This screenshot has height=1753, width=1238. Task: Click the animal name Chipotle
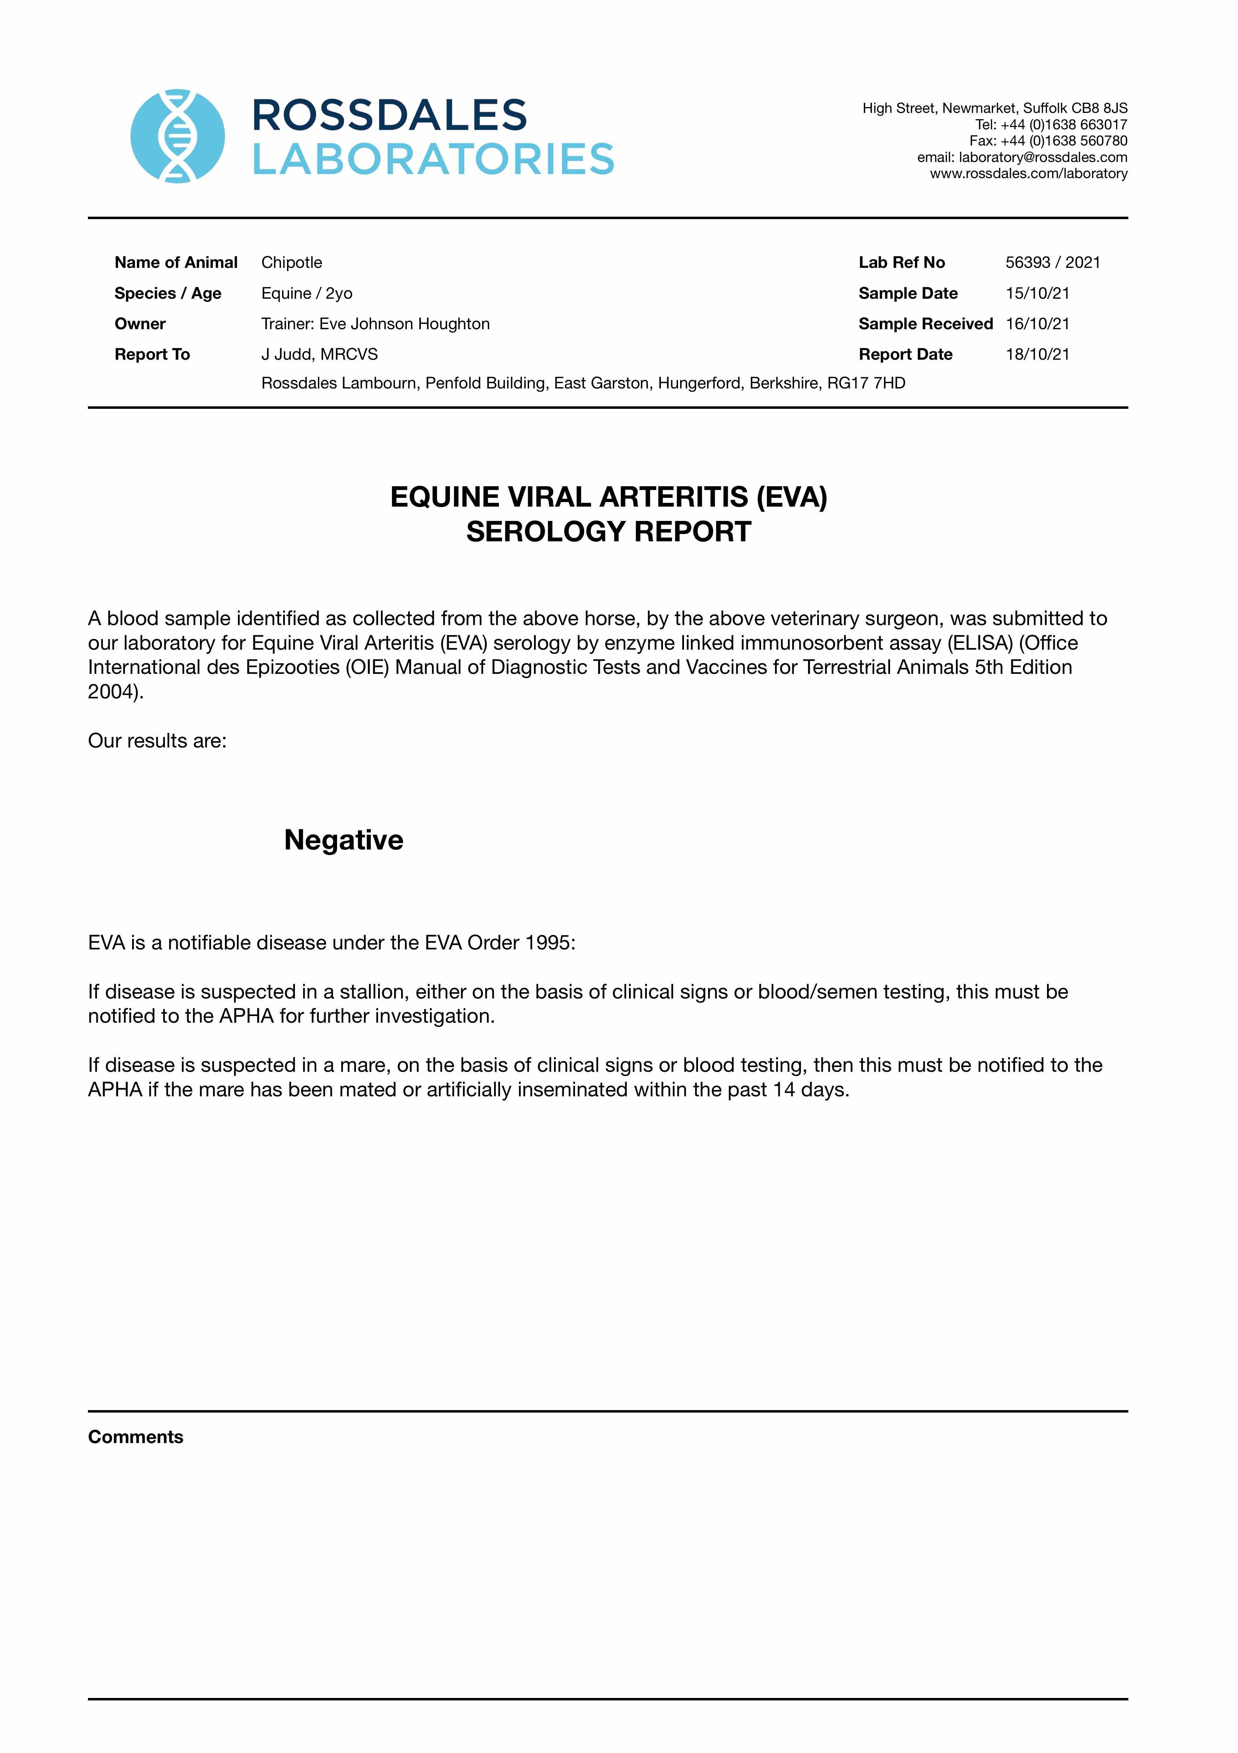point(292,263)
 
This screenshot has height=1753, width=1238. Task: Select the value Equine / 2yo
point(307,293)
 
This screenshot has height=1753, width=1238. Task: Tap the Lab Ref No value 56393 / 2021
point(1053,263)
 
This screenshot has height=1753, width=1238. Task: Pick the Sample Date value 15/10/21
point(1037,293)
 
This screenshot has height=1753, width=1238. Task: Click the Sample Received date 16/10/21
point(1037,324)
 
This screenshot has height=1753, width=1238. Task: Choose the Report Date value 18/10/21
point(1037,354)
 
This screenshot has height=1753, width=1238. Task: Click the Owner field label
point(140,324)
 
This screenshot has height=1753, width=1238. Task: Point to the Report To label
point(152,354)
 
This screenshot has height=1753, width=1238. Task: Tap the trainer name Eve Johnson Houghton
point(404,324)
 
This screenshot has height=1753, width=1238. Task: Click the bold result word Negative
point(343,840)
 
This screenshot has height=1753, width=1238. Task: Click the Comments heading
point(136,1437)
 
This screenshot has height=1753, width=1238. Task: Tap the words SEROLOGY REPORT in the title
point(608,532)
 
